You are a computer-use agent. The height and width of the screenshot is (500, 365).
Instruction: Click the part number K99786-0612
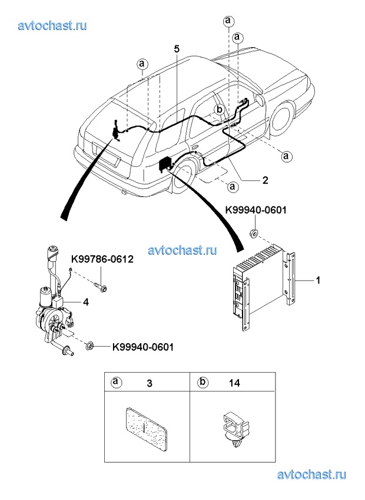102,259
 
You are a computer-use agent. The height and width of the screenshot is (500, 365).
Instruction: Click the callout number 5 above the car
177,49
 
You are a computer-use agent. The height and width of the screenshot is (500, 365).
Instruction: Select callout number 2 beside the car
265,180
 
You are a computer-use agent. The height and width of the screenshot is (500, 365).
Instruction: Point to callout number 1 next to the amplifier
317,280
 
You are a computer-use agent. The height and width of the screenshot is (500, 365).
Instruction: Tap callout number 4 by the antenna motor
86,302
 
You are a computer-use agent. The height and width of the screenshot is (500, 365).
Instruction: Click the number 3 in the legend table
150,383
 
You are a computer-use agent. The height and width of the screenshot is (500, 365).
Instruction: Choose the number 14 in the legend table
234,383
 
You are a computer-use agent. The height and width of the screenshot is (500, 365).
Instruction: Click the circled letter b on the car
219,110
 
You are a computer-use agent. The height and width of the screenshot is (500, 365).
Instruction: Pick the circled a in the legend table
116,381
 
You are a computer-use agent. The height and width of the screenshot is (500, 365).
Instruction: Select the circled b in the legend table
203,381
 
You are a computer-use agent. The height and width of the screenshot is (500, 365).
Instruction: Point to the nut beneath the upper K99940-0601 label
254,234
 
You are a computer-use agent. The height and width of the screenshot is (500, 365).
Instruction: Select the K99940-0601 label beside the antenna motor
143,347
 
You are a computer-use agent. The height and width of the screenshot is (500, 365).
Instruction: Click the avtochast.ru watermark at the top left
52,25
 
